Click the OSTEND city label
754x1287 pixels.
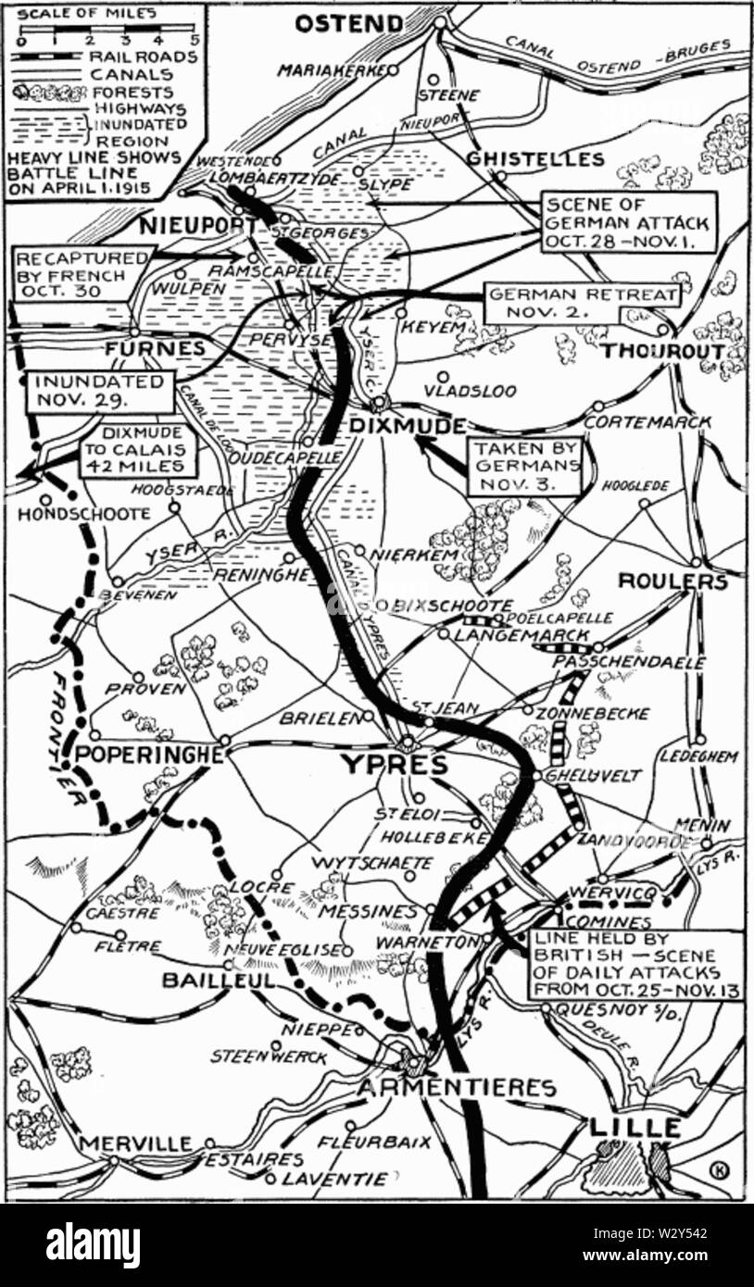349,23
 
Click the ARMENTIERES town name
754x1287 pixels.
457,1088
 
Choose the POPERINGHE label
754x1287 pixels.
148,755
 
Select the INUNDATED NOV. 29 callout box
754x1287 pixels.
99,391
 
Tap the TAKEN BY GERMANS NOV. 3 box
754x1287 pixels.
524,465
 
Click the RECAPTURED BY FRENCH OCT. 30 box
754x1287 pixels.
82,272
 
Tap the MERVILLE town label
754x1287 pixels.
134,1143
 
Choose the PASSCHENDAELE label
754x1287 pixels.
629,663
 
